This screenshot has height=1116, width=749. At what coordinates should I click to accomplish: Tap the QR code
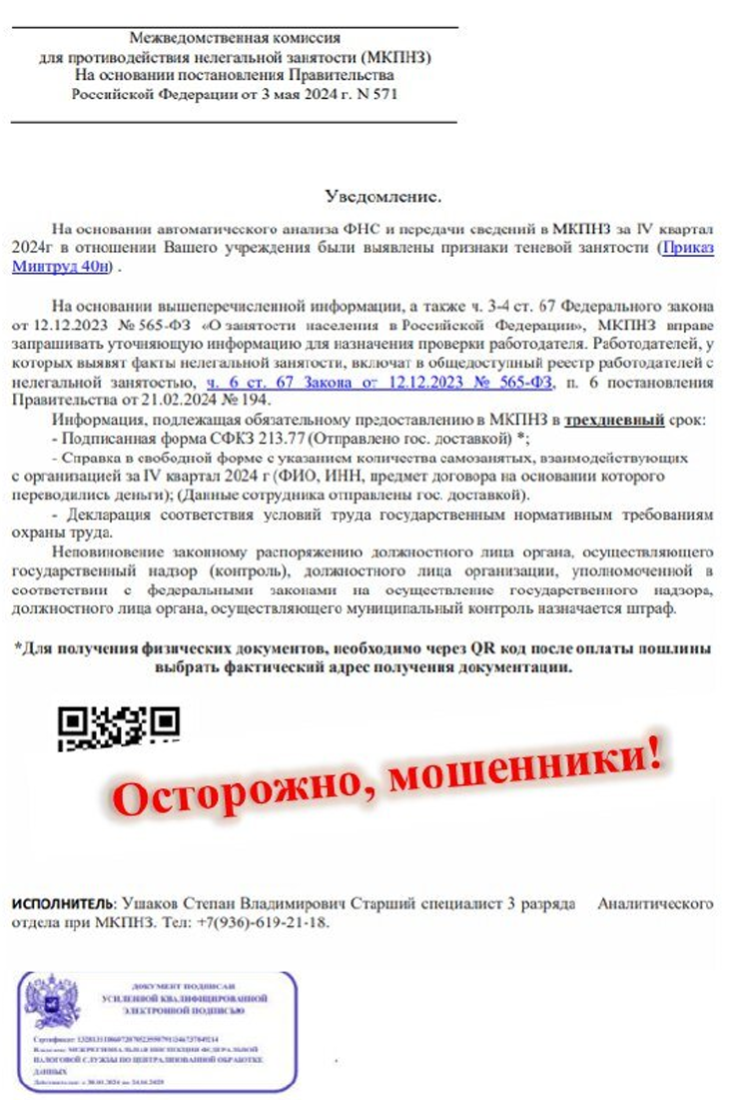tap(118, 728)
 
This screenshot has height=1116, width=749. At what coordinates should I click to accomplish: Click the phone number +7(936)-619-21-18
tap(266, 921)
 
